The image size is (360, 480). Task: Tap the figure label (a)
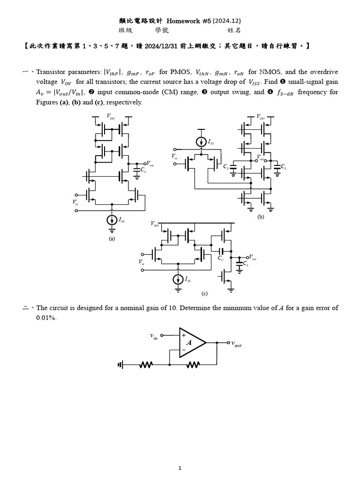pyautogui.click(x=112, y=238)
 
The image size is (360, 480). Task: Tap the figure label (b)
pyautogui.click(x=261, y=217)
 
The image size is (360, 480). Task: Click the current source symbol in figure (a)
pyautogui.click(x=112, y=219)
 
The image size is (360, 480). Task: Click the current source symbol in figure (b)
pyautogui.click(x=201, y=141)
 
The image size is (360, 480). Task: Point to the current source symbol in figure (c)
pyautogui.click(x=178, y=279)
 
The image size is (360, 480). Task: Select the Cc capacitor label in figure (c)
pyautogui.click(x=221, y=258)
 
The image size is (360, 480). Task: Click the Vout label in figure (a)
pyautogui.click(x=150, y=165)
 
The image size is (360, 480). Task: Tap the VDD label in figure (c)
pyautogui.click(x=155, y=225)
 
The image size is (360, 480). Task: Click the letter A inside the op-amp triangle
pyautogui.click(x=189, y=343)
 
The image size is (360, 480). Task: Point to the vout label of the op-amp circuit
pyautogui.click(x=236, y=344)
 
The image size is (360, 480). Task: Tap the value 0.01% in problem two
pyautogui.click(x=46, y=317)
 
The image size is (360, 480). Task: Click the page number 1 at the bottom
pyautogui.click(x=180, y=468)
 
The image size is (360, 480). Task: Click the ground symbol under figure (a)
pyautogui.click(x=112, y=230)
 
